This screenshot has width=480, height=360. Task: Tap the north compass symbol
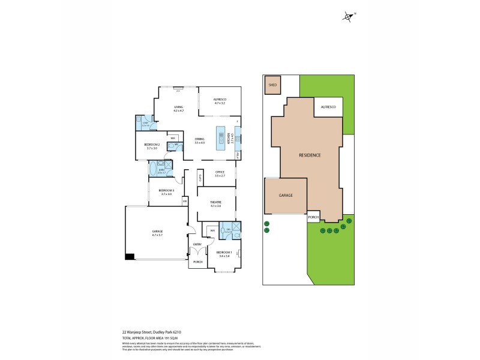point(349,17)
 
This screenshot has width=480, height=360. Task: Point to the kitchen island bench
point(221,137)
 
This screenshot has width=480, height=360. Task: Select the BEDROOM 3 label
point(166,192)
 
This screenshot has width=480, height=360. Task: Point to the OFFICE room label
point(220,174)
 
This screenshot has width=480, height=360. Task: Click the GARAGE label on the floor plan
point(157,233)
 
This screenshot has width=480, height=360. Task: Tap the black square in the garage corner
point(129,257)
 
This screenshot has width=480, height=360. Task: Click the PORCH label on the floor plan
point(197,262)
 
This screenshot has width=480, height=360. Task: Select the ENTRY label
point(197,244)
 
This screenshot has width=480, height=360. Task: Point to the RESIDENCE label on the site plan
point(310,155)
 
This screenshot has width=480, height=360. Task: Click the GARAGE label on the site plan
point(284,196)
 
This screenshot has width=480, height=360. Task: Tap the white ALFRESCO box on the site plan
point(328,106)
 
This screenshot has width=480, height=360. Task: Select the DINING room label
point(199,140)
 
